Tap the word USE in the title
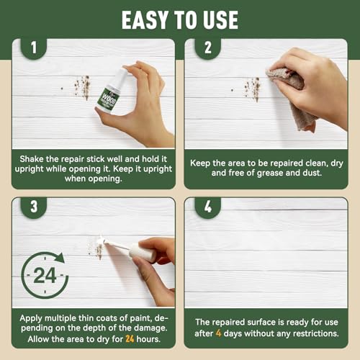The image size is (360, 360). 220,20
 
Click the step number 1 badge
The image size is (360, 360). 34,48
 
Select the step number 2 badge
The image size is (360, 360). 208,48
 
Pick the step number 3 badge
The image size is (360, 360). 34,207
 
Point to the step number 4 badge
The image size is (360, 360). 208,207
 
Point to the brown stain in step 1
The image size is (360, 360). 82,87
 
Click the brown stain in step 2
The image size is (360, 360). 252,89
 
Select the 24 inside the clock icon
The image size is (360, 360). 45,275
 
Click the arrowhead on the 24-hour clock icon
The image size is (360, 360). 60,258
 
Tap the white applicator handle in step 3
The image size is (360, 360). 142,253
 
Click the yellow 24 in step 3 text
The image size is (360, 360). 130,339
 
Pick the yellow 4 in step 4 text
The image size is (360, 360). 218,333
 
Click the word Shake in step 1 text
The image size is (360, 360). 32,159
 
